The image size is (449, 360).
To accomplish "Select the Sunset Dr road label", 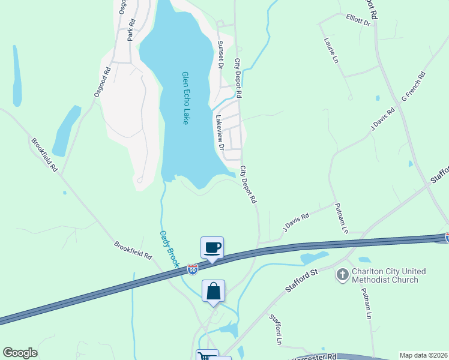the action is point(220,55).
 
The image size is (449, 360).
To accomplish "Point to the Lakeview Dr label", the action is point(219,132).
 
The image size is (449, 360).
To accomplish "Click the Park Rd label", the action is point(131,28).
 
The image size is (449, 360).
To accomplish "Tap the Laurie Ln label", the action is point(331,50).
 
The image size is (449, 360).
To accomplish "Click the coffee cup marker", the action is point(212,248).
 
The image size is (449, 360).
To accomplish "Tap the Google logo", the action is point(20,353).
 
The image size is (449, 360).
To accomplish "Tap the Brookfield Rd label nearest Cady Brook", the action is point(133,250).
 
